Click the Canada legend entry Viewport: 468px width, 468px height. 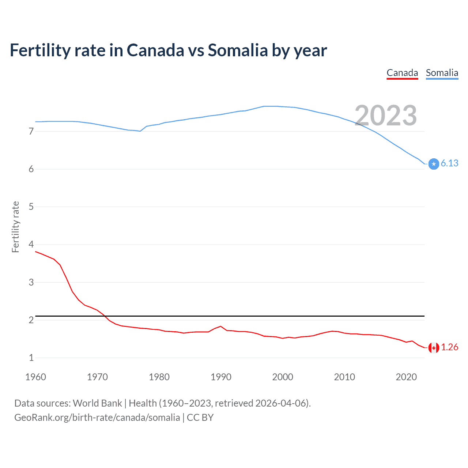click(402, 73)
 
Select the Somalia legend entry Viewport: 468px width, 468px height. click(442, 73)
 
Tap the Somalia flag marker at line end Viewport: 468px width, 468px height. click(434, 164)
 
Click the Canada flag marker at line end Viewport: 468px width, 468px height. click(434, 348)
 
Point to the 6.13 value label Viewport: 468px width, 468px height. click(449, 163)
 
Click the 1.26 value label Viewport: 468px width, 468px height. click(449, 347)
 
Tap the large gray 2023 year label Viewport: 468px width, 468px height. click(386, 116)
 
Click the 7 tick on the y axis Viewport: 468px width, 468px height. click(31, 131)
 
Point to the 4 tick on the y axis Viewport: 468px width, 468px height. click(31, 244)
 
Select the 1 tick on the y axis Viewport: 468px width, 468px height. click(31, 358)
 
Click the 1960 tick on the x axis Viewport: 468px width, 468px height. click(35, 377)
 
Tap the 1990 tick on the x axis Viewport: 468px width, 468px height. click(221, 377)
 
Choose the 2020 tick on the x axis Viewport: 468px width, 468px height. click(406, 377)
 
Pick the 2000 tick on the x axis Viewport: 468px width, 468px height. click(283, 377)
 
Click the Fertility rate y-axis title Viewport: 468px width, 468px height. click(15, 227)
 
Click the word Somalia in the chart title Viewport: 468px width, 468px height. click(238, 50)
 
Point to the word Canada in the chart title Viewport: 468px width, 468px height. click(155, 50)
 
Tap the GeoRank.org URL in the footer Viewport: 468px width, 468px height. click(97, 418)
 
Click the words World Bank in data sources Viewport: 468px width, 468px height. click(97, 403)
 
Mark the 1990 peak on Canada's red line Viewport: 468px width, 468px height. click(220, 326)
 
